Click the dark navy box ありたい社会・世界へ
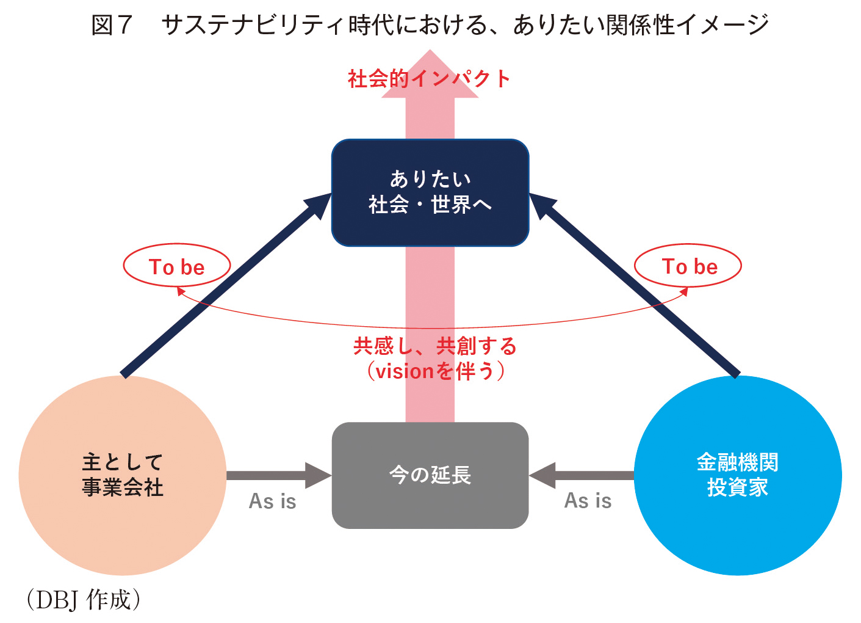click(430, 192)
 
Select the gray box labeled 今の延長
click(430, 475)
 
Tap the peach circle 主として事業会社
click(123, 475)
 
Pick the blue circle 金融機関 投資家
click(738, 475)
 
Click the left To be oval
click(177, 244)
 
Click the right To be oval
click(688, 244)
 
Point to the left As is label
click(273, 501)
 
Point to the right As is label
click(588, 501)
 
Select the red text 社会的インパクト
click(429, 79)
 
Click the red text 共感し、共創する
click(434, 346)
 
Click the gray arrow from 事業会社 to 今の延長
click(279, 476)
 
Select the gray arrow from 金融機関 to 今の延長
click(581, 476)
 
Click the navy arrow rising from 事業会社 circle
click(226, 285)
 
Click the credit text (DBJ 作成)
click(84, 600)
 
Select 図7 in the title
click(112, 25)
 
